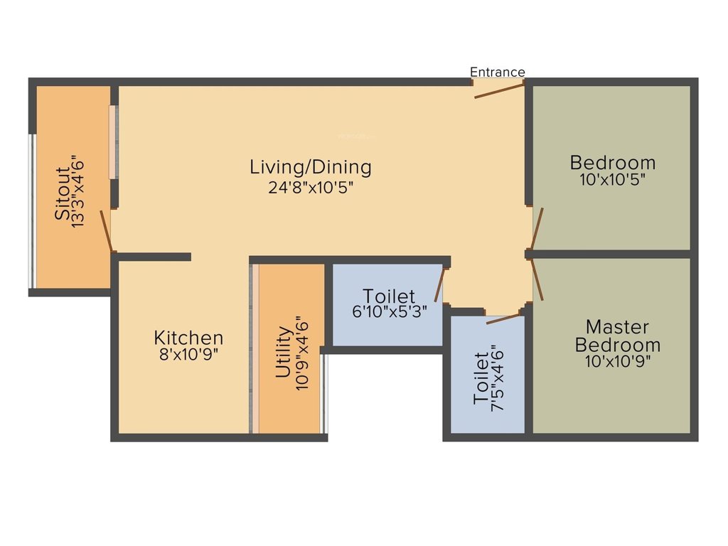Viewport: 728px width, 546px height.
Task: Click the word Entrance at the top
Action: [498, 72]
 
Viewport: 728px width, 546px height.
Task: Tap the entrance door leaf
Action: [499, 90]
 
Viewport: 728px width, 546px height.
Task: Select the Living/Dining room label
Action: [311, 167]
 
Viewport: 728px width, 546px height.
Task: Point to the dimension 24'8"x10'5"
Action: [311, 187]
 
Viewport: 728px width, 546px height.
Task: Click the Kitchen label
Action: [188, 338]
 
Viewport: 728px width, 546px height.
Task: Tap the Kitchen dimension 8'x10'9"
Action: [188, 354]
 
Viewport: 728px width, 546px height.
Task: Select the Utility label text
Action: [283, 352]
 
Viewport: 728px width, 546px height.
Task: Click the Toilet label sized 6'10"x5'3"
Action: [389, 295]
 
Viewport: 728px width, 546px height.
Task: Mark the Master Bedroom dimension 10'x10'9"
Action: [617, 361]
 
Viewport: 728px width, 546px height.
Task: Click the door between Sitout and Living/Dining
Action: [106, 230]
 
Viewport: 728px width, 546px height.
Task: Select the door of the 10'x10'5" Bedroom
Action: [537, 229]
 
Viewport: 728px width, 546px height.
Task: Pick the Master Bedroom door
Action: [537, 279]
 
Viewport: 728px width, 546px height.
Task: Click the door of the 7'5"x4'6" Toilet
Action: [503, 318]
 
